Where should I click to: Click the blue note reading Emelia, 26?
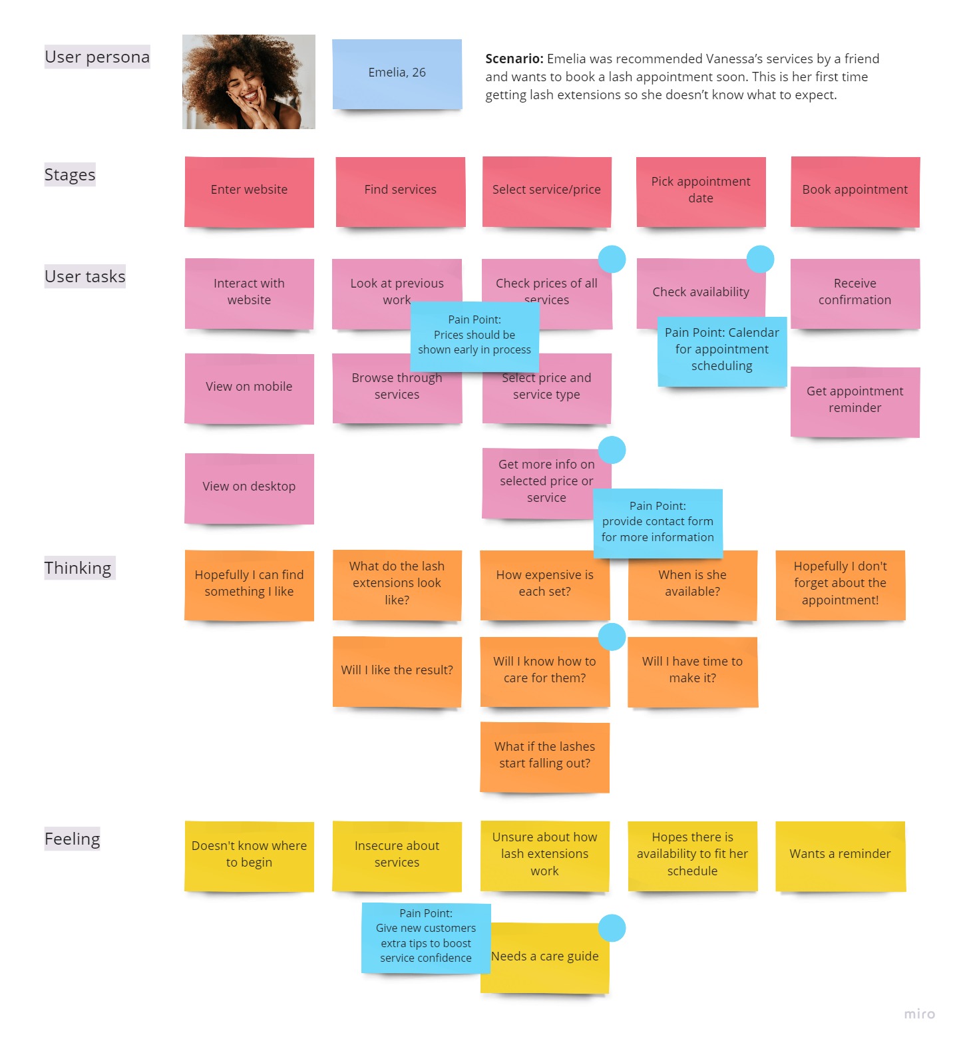click(397, 73)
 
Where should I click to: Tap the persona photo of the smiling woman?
click(248, 81)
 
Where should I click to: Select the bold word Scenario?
click(514, 59)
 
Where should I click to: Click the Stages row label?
click(70, 174)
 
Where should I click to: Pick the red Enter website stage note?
click(249, 191)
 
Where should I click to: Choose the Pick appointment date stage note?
click(700, 191)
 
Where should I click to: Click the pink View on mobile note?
click(249, 387)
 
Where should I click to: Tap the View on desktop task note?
click(249, 487)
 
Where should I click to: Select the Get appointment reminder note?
click(855, 401)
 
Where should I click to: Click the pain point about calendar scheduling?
click(721, 350)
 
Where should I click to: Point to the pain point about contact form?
click(658, 522)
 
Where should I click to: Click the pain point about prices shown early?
click(474, 335)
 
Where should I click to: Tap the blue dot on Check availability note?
click(760, 259)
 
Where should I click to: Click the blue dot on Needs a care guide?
click(612, 928)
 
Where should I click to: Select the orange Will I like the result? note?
click(397, 671)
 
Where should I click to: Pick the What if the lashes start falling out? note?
click(544, 756)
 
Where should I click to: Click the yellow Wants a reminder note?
click(840, 855)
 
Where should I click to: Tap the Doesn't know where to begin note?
click(249, 855)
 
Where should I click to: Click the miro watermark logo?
click(919, 1014)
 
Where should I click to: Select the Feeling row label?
click(72, 839)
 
